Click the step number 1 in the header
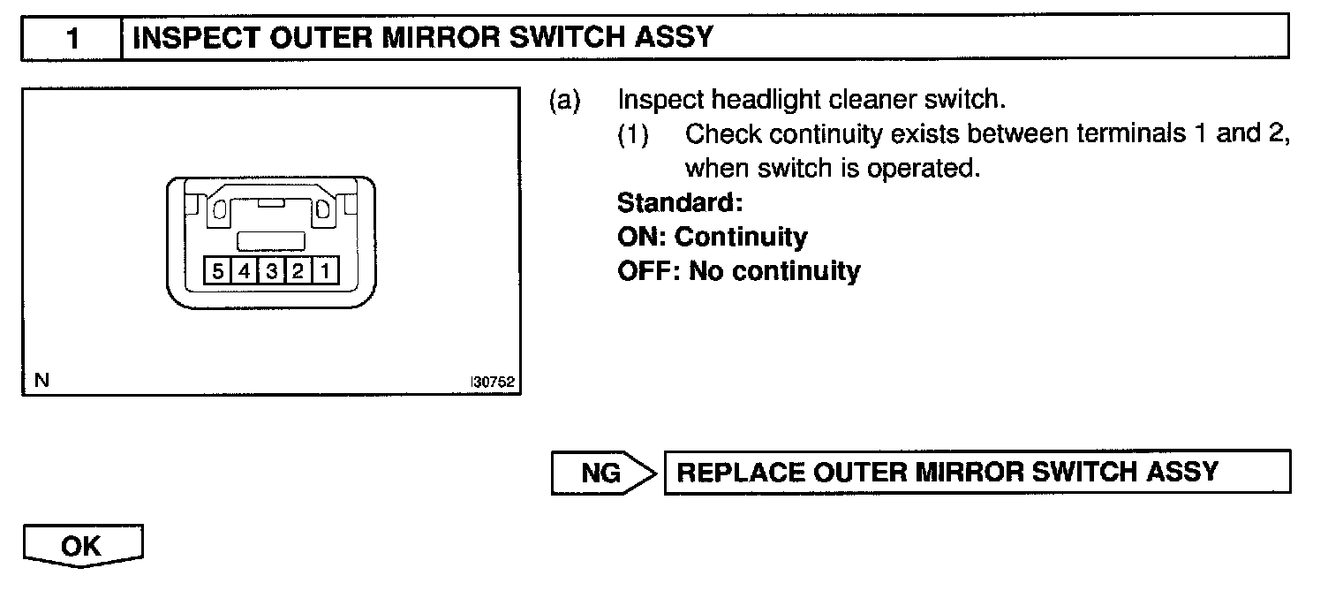73,39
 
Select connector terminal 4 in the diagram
243,271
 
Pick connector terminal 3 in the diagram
270,271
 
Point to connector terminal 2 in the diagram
298,271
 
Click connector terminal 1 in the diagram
325,271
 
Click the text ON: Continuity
712,237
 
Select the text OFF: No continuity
738,270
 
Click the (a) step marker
565,101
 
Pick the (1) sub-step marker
633,134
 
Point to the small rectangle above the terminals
271,240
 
